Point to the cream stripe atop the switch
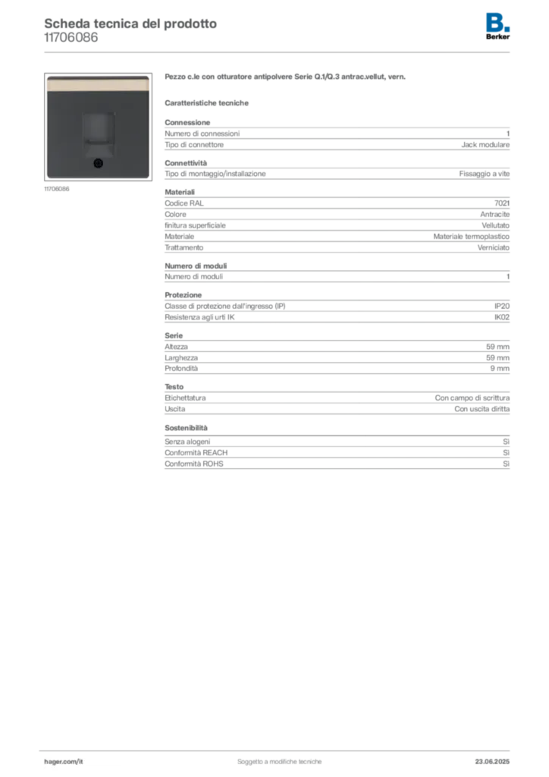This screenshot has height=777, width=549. pyautogui.click(x=96, y=83)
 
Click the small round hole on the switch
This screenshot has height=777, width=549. pyautogui.click(x=97, y=163)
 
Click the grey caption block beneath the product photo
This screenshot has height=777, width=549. pyautogui.click(x=58, y=189)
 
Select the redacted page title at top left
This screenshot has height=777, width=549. pyautogui.click(x=130, y=23)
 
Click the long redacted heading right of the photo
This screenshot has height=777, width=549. pyautogui.click(x=288, y=79)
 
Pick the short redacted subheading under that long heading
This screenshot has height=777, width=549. pyautogui.click(x=209, y=102)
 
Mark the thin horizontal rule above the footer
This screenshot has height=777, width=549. pyautogui.click(x=279, y=748)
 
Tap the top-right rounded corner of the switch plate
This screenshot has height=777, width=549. pyautogui.click(x=146, y=77)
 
